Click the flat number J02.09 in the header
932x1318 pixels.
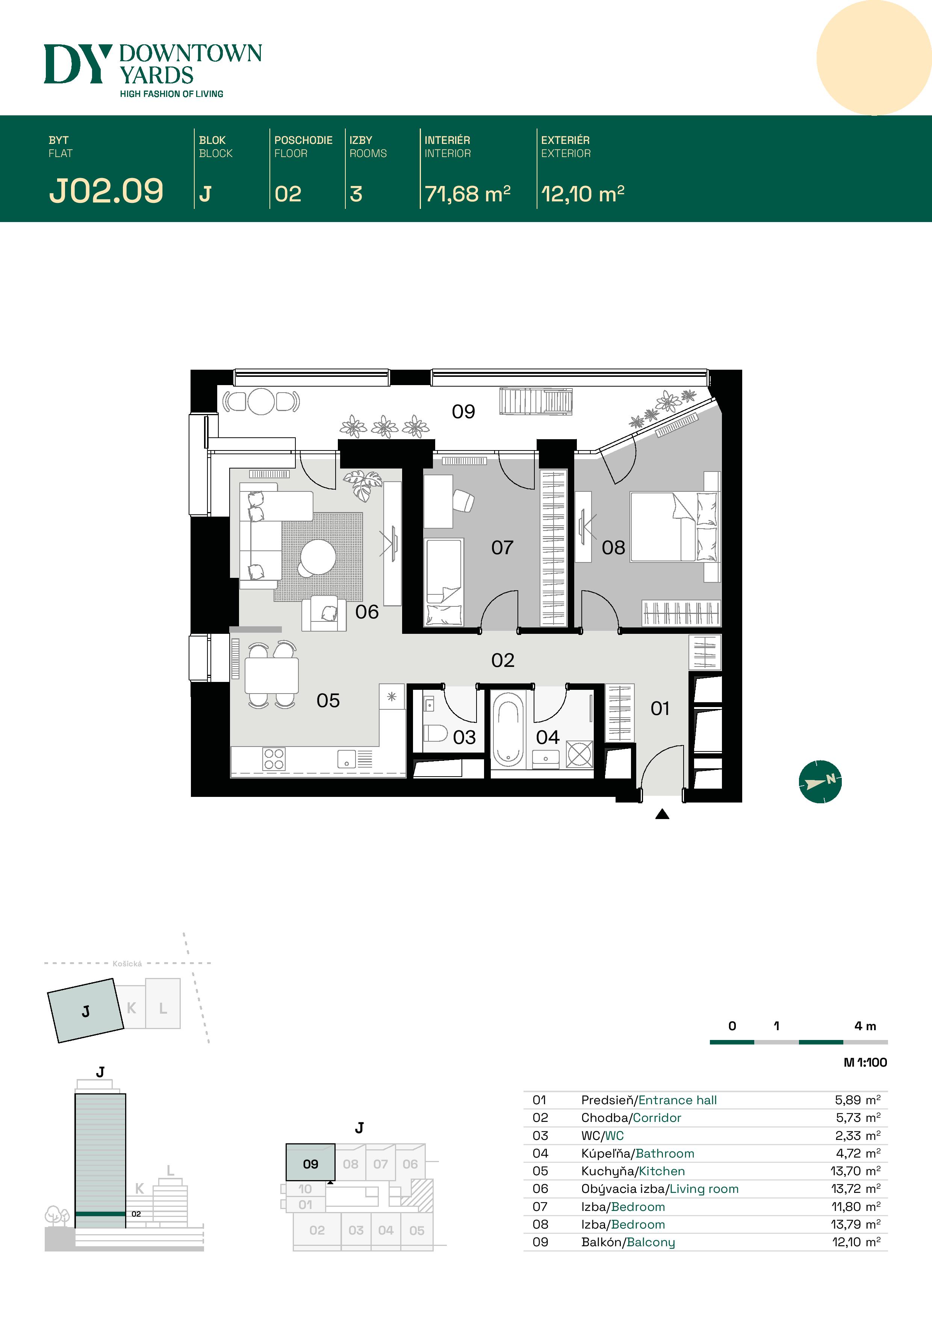click(106, 191)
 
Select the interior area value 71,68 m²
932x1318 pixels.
click(467, 194)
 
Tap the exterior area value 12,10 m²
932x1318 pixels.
click(582, 194)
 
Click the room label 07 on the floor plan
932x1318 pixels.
click(502, 548)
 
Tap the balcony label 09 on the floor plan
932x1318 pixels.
click(463, 411)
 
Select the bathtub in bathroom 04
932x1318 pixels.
click(508, 729)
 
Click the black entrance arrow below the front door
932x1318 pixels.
click(662, 814)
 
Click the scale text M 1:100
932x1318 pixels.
click(865, 1063)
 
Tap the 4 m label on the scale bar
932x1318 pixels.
click(865, 1026)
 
